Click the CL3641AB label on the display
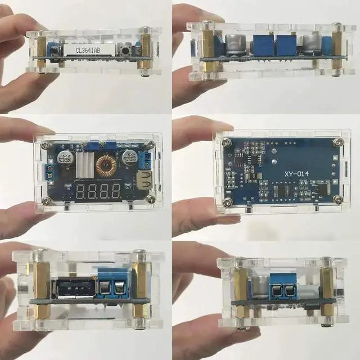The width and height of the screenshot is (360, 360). click(x=84, y=50)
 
